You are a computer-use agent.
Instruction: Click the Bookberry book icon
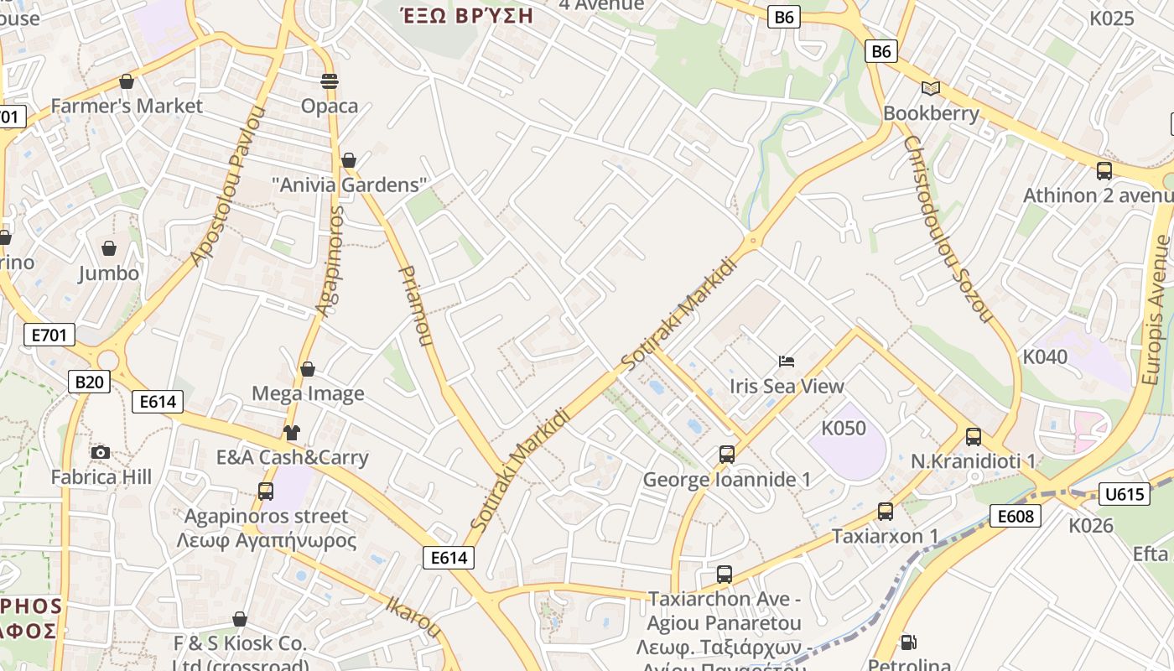point(930,88)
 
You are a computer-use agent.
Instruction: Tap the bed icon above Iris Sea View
point(787,362)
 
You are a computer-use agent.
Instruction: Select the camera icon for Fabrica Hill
point(101,453)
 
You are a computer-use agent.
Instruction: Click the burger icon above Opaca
point(330,81)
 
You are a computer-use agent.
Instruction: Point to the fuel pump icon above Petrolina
point(908,643)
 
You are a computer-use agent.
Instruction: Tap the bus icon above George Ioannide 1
point(727,455)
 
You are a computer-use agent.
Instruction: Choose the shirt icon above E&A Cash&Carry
point(291,433)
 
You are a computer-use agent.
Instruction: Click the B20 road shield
point(89,382)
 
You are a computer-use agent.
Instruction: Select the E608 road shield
point(1015,516)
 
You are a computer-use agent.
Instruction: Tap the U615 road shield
point(1125,494)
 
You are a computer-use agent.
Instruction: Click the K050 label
point(843,428)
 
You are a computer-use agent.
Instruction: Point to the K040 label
point(1045,356)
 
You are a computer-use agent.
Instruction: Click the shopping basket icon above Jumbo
point(109,248)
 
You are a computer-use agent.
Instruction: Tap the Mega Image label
point(308,393)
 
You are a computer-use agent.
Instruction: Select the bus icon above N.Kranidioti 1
point(974,437)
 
